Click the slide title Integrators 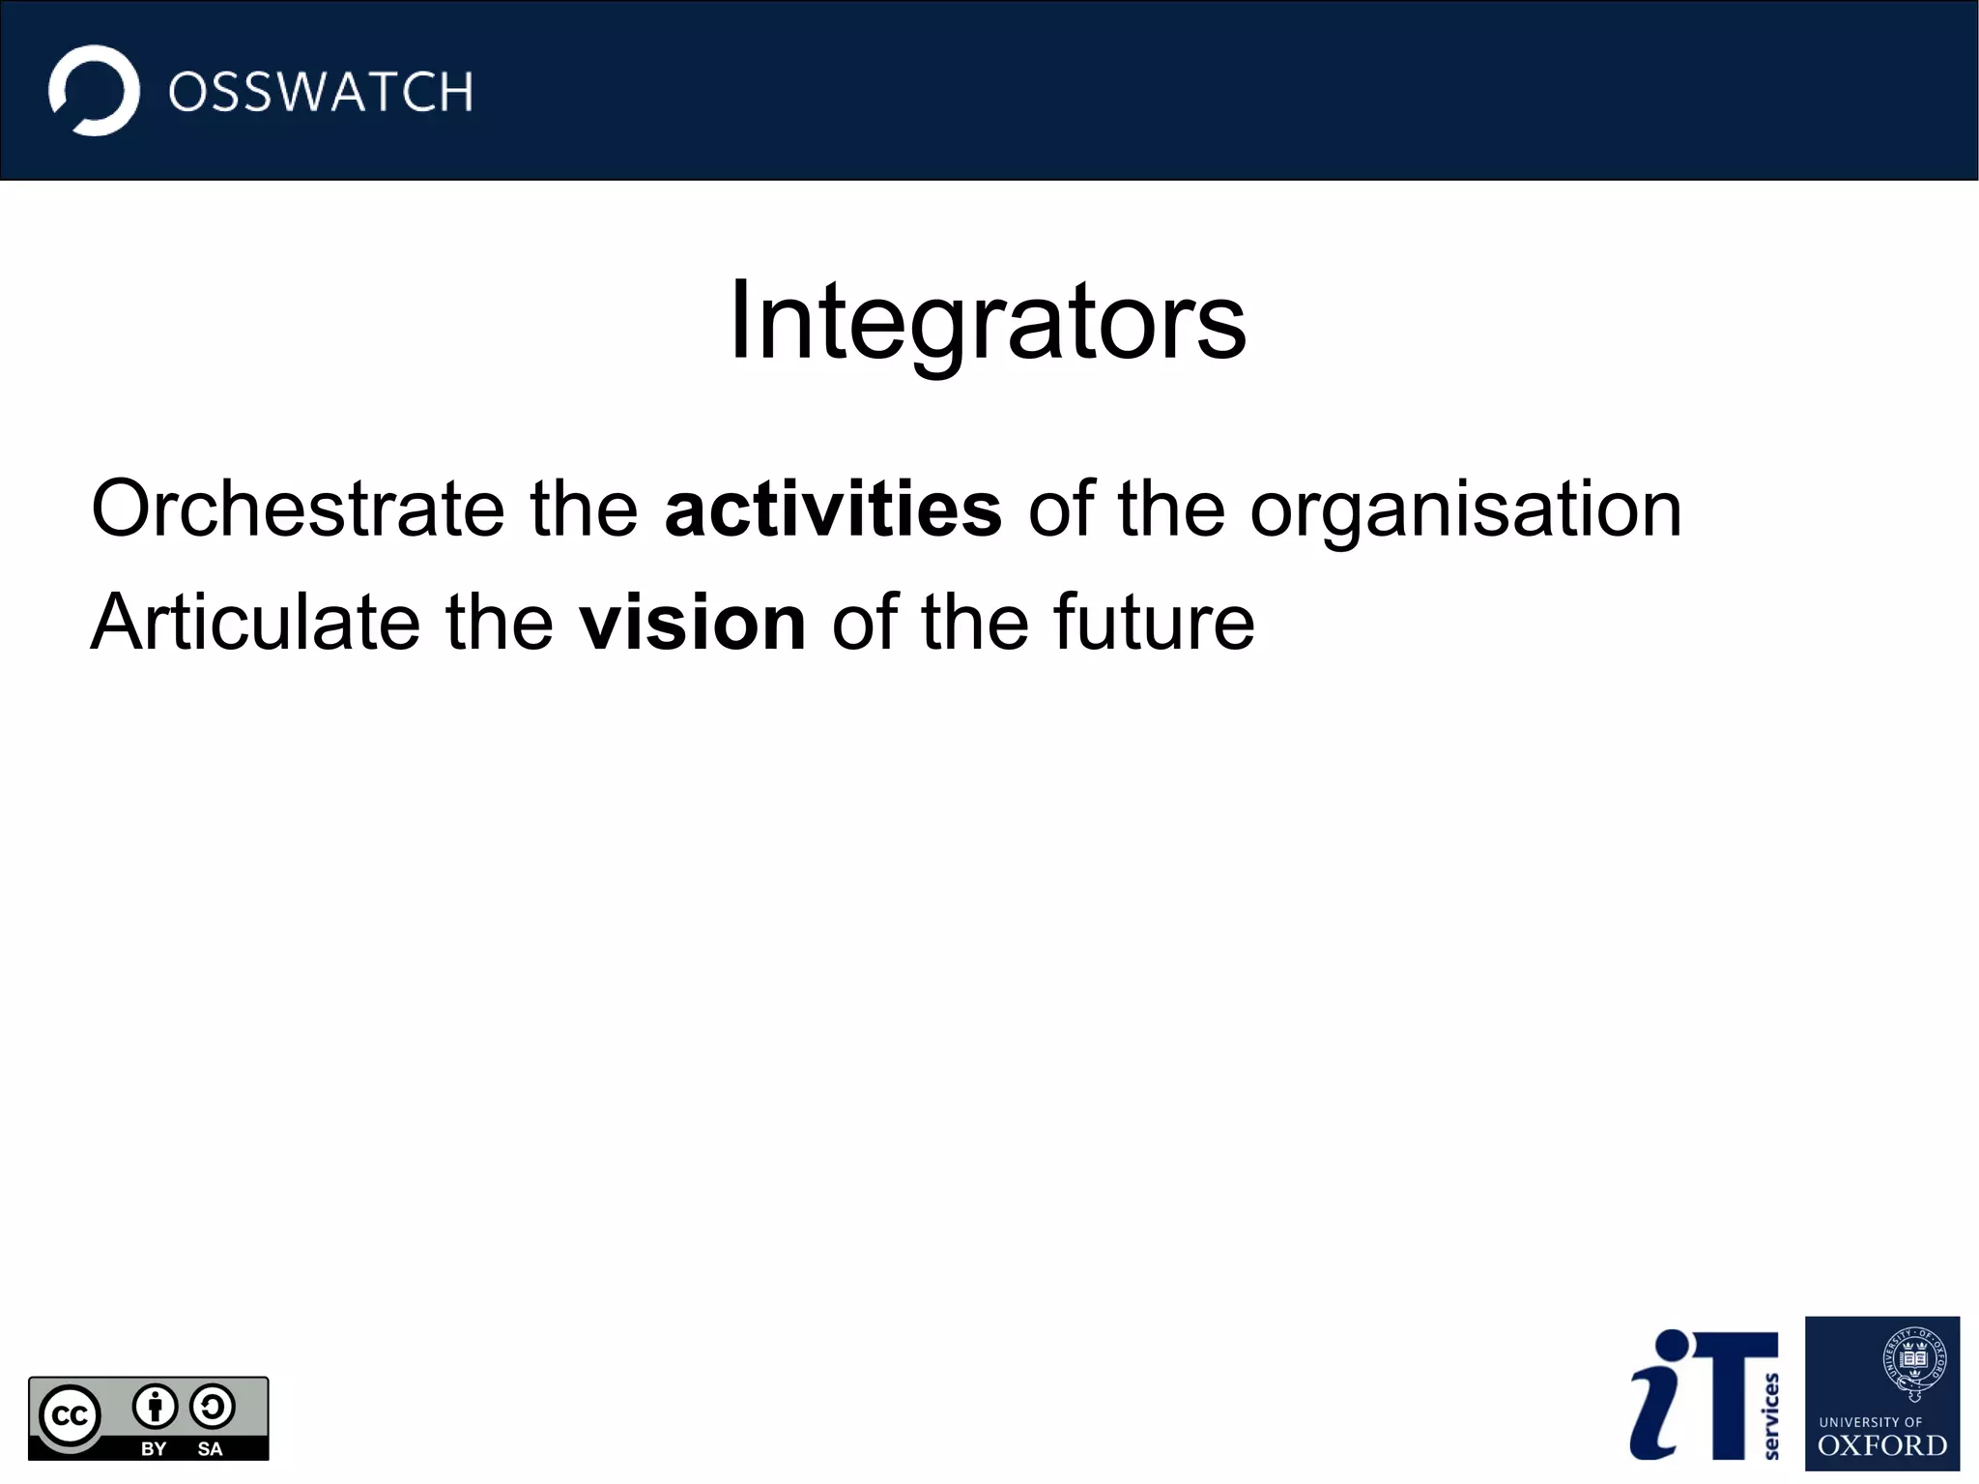[987, 320]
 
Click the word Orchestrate [297, 509]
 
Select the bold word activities [833, 509]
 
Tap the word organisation [1465, 510]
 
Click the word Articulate [255, 622]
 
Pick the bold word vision [692, 622]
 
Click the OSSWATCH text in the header [321, 93]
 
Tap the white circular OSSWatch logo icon [95, 91]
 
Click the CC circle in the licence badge [70, 1416]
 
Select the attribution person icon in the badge [155, 1407]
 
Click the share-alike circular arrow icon [213, 1407]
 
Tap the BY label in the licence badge [154, 1448]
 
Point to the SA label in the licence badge [210, 1448]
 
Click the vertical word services [1770, 1416]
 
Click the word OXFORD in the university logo [1881, 1446]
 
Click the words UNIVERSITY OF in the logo [1871, 1422]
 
